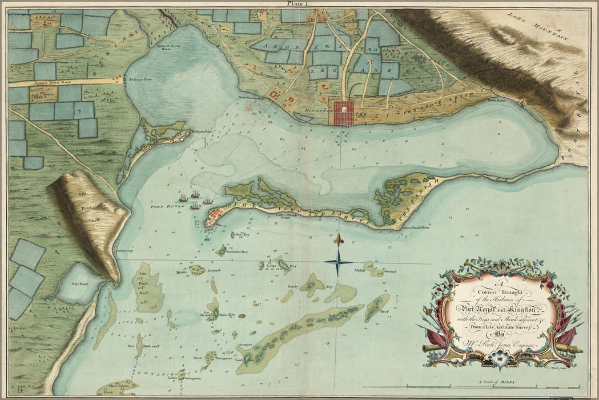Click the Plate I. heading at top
coord(299,3)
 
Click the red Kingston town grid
coord(345,113)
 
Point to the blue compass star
coord(339,263)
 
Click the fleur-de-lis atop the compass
coord(339,238)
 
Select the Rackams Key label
coord(236,251)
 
